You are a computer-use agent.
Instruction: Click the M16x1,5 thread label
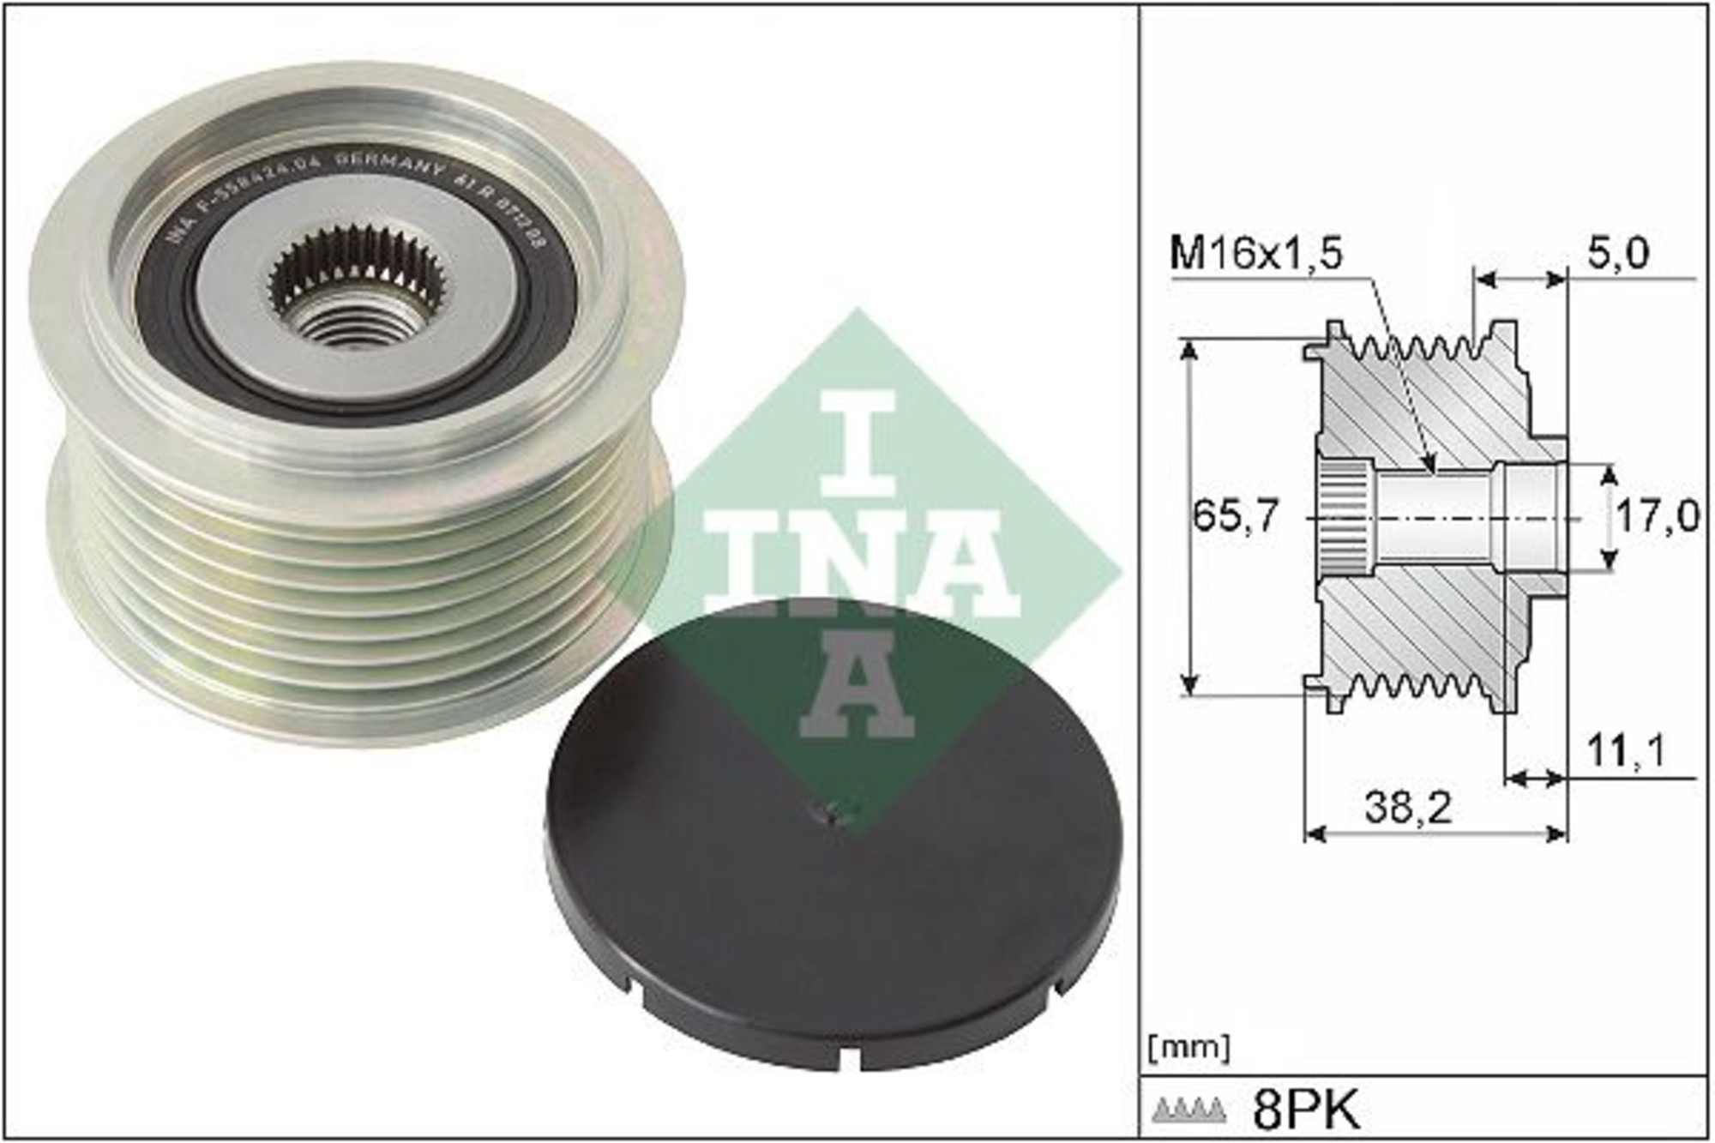[1256, 254]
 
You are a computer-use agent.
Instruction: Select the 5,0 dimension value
[1617, 254]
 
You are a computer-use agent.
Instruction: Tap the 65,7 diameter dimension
[1235, 515]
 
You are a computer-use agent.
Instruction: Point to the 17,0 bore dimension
[1656, 516]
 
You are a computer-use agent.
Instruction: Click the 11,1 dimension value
[1625, 751]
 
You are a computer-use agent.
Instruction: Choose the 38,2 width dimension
[1408, 807]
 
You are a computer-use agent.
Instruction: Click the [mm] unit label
[1188, 1048]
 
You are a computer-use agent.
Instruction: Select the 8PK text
[1306, 1110]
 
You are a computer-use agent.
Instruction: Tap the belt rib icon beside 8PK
[1188, 1110]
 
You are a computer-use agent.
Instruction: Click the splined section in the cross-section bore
[1345, 518]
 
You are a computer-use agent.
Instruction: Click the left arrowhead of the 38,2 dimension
[1313, 833]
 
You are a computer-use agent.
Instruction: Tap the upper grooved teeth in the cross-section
[1415, 347]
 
